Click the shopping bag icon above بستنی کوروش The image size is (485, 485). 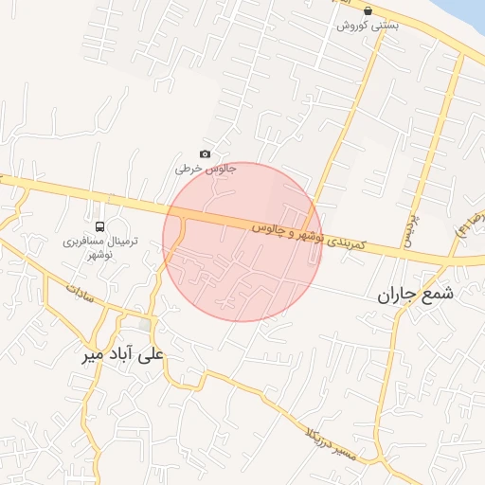368,10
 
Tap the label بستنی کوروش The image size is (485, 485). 368,26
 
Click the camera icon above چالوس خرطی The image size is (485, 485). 205,154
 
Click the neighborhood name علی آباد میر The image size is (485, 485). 122,356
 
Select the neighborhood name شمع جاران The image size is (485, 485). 416,293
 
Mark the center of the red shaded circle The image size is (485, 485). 242,242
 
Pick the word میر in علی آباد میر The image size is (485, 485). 96,356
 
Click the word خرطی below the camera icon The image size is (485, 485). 189,170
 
